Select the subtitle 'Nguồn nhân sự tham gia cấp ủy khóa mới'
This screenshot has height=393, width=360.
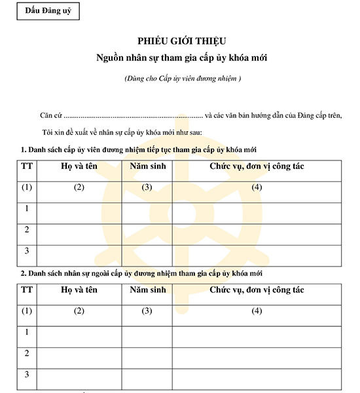click(x=179, y=58)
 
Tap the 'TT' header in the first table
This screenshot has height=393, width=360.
click(x=27, y=166)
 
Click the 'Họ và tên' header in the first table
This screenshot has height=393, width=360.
click(x=79, y=166)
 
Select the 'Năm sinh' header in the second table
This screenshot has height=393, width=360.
click(x=147, y=290)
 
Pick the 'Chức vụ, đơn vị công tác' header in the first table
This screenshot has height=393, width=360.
click(x=257, y=166)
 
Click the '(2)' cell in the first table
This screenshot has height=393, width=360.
click(x=79, y=188)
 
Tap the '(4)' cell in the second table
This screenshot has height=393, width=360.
click(x=257, y=311)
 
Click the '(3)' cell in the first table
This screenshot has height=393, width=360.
click(x=147, y=188)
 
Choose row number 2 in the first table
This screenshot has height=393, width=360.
click(x=27, y=230)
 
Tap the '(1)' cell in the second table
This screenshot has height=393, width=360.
click(x=27, y=311)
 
